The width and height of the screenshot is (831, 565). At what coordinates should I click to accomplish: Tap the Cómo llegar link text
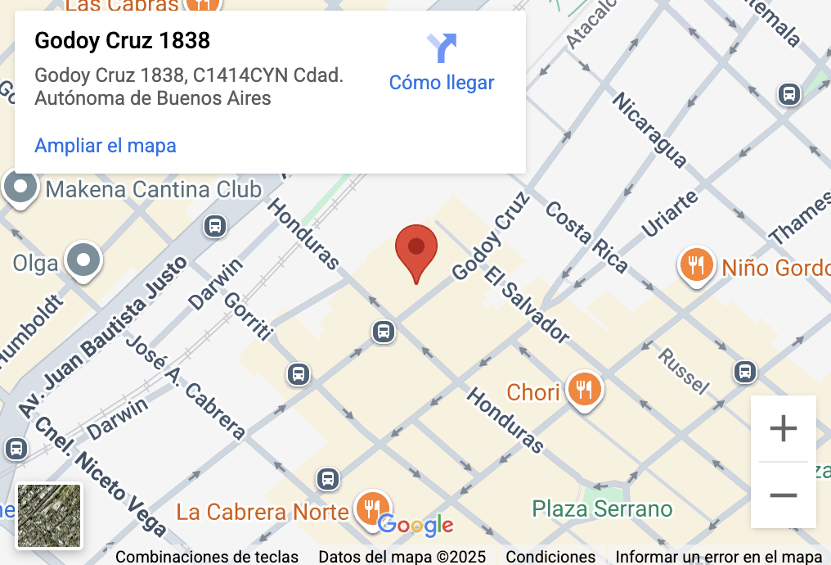pyautogui.click(x=442, y=83)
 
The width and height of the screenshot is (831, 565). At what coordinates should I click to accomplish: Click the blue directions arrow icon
pyautogui.click(x=442, y=47)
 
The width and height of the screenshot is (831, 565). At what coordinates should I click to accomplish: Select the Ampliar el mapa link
pyautogui.click(x=106, y=146)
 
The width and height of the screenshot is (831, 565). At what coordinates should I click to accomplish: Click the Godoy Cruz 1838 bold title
pyautogui.click(x=122, y=40)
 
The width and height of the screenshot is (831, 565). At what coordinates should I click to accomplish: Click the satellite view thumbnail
pyautogui.click(x=50, y=516)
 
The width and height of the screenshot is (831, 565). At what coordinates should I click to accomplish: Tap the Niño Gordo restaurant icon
pyautogui.click(x=696, y=264)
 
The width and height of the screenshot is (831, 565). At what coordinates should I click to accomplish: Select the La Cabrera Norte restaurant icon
pyautogui.click(x=373, y=508)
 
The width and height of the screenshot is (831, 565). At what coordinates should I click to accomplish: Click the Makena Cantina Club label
pyautogui.click(x=153, y=190)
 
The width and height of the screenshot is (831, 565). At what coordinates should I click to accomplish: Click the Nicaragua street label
pyautogui.click(x=649, y=130)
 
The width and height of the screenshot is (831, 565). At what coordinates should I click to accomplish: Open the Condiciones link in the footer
pyautogui.click(x=550, y=557)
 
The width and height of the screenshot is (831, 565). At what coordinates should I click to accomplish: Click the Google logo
pyautogui.click(x=415, y=526)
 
